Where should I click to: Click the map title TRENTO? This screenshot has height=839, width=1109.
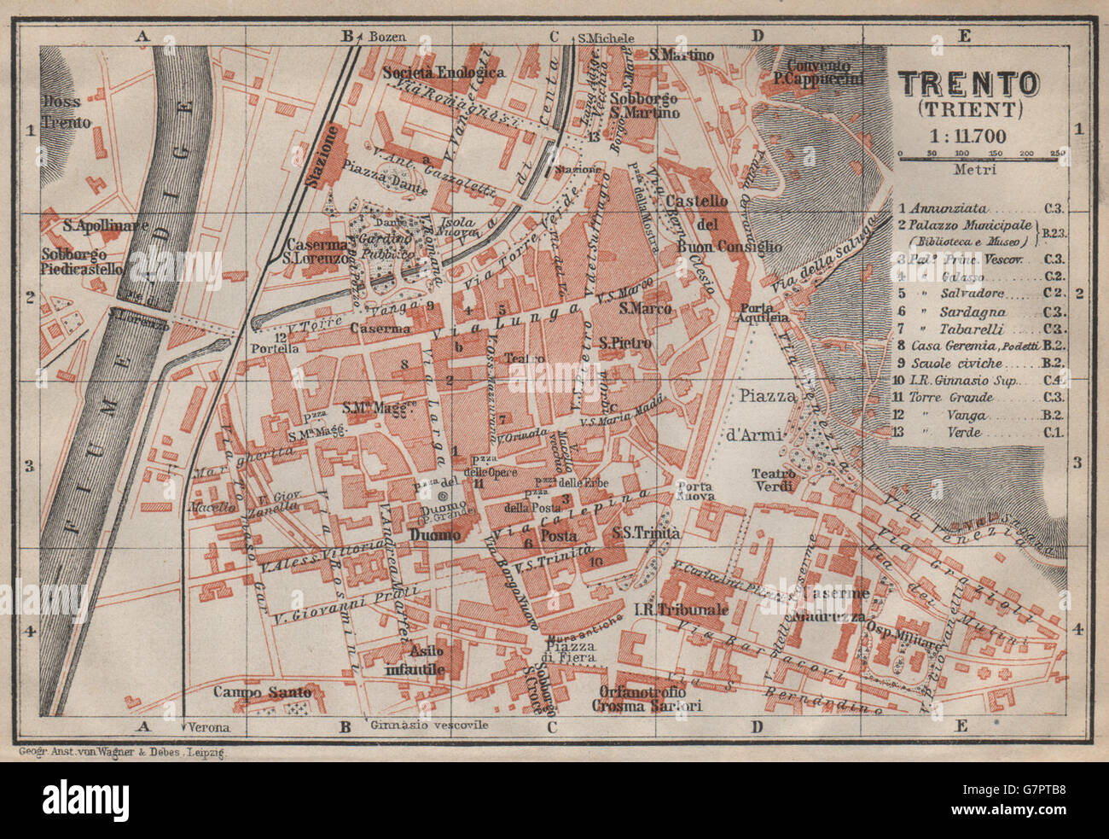click(969, 84)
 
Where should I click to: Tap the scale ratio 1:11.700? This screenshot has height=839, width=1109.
click(969, 135)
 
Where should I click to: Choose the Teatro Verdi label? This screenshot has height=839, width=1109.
click(773, 480)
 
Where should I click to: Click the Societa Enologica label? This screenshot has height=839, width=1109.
click(444, 73)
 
